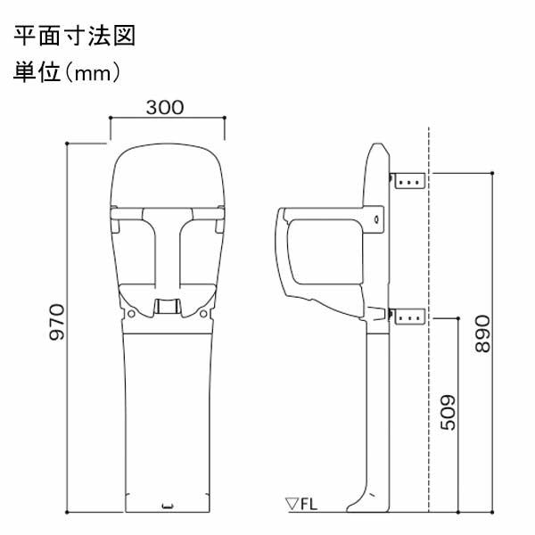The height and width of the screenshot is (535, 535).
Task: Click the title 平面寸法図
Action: [x=75, y=38]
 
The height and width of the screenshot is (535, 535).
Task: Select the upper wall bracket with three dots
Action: [x=410, y=180]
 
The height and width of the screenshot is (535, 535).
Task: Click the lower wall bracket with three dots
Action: [x=410, y=316]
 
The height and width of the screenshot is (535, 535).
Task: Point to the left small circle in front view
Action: [x=132, y=315]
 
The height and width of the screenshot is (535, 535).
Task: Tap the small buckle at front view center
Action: [x=167, y=306]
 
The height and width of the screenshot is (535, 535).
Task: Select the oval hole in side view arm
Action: [x=376, y=217]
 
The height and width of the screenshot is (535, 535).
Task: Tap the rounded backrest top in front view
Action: [x=167, y=160]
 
